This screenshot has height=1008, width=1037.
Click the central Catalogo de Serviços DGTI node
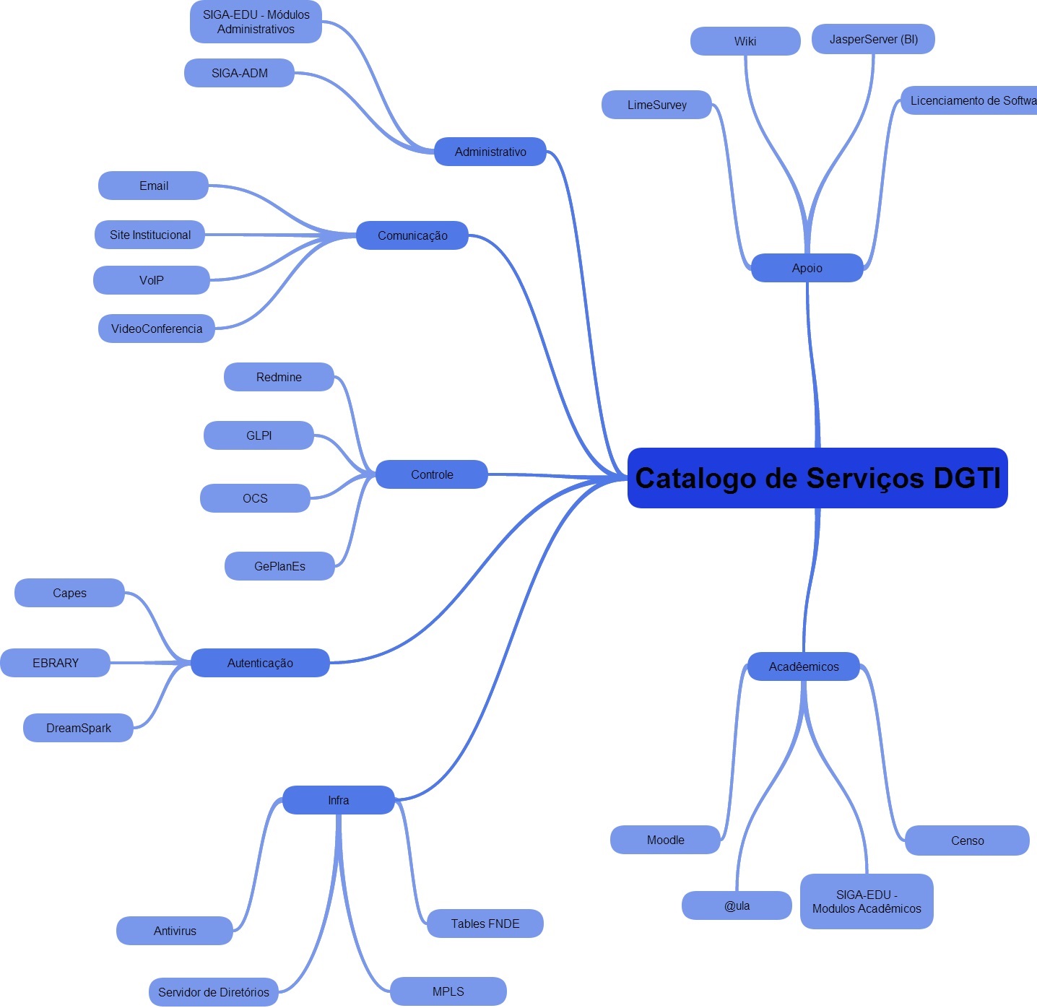click(817, 477)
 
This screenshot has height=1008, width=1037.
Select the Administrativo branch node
click(490, 152)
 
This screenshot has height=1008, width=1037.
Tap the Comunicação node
click(412, 235)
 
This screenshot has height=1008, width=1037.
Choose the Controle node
click(432, 474)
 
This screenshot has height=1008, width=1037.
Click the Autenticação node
click(260, 663)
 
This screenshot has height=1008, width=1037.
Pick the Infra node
click(339, 800)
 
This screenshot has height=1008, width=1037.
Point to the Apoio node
click(807, 267)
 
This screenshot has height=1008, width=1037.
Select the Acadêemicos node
click(804, 666)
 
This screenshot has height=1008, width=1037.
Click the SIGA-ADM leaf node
click(239, 73)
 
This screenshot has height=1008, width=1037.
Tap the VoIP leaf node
click(152, 280)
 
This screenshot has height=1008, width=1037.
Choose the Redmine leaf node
click(279, 377)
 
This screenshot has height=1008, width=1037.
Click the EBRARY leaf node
click(56, 663)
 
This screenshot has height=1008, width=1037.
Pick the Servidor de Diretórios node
click(214, 992)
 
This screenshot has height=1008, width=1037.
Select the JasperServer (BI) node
click(873, 39)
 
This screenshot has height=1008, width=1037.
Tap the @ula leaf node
click(737, 905)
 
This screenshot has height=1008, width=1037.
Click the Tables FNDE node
click(485, 924)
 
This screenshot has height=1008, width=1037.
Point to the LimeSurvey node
click(656, 105)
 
